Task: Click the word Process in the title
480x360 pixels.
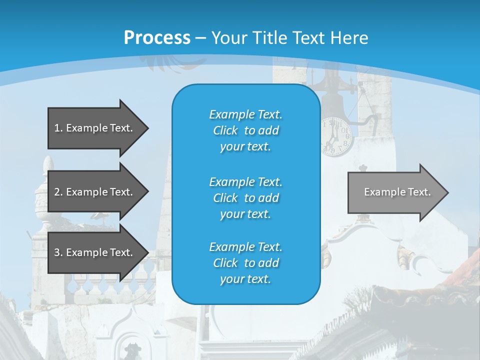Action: click(x=157, y=37)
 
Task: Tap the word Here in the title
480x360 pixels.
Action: click(x=349, y=38)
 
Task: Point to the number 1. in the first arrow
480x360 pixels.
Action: click(x=58, y=128)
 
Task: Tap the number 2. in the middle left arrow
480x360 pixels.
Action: click(x=58, y=192)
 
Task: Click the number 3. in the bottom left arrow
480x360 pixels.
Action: click(x=58, y=252)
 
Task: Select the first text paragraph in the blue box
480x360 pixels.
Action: click(x=245, y=130)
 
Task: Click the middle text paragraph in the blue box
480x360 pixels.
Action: click(x=245, y=197)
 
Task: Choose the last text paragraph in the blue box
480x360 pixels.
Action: click(x=245, y=263)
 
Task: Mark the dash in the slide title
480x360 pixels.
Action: click(x=200, y=38)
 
